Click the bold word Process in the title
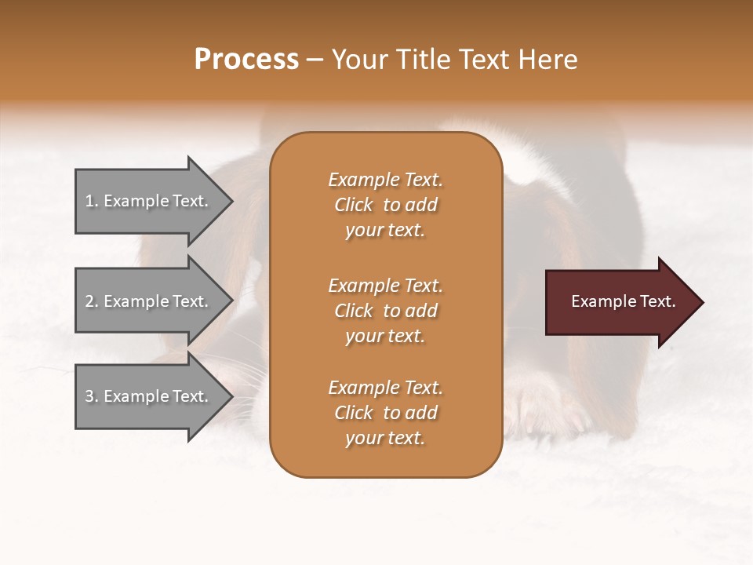(x=246, y=59)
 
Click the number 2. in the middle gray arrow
(x=91, y=301)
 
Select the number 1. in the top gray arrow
(x=91, y=201)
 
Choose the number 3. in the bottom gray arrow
(x=91, y=396)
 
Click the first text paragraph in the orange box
(x=385, y=205)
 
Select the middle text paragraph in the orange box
(x=385, y=311)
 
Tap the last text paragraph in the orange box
(x=385, y=413)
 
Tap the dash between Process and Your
(x=315, y=60)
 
